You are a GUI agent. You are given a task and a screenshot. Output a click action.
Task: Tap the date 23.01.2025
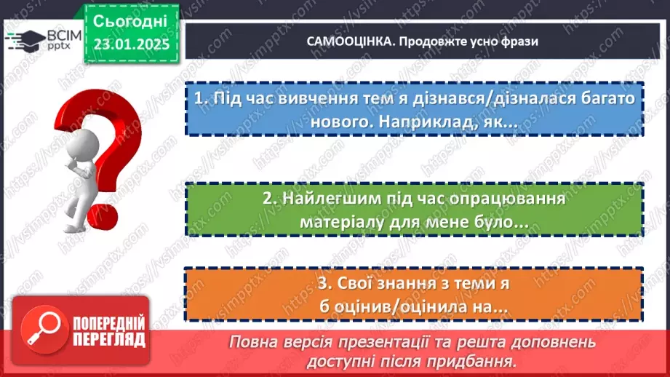tap(131, 44)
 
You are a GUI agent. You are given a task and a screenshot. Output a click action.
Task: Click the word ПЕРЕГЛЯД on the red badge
tap(109, 339)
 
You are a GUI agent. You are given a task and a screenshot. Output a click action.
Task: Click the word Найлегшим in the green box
tap(329, 199)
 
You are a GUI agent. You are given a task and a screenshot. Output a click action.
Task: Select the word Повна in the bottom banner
tap(251, 342)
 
